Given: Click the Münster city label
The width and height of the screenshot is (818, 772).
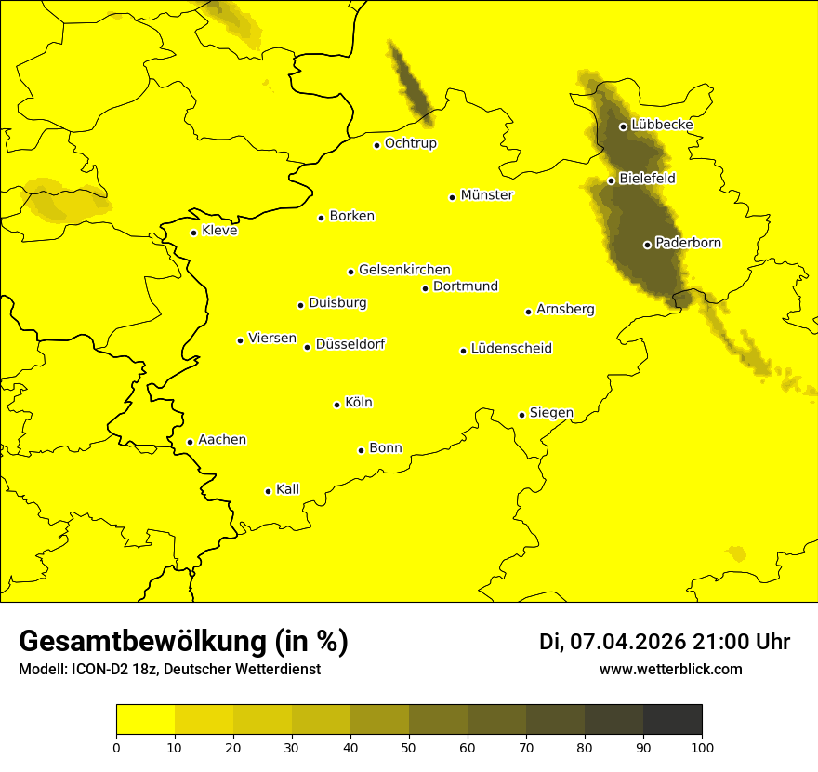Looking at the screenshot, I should pyautogui.click(x=486, y=195).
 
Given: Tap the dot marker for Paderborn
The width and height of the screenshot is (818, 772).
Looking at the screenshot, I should pyautogui.click(x=647, y=245).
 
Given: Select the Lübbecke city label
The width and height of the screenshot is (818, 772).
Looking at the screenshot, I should pyautogui.click(x=662, y=125).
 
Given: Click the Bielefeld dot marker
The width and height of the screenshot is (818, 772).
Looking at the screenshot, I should pyautogui.click(x=611, y=180).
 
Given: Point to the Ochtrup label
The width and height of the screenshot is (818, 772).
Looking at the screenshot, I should pyautogui.click(x=410, y=143).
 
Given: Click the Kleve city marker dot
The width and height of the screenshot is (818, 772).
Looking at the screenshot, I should pyautogui.click(x=193, y=233).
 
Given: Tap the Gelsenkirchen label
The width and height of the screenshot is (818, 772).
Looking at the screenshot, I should pyautogui.click(x=404, y=270).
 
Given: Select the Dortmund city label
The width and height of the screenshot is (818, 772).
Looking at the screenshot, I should pyautogui.click(x=465, y=286).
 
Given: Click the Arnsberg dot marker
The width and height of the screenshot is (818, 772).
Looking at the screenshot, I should pyautogui.click(x=528, y=312).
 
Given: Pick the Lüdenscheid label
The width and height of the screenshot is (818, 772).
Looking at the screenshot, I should pyautogui.click(x=511, y=349).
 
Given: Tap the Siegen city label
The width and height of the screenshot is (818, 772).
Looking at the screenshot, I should pyautogui.click(x=551, y=413).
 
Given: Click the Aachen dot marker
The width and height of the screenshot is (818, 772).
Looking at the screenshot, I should pyautogui.click(x=190, y=442).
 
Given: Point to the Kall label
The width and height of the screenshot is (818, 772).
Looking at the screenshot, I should pyautogui.click(x=287, y=489).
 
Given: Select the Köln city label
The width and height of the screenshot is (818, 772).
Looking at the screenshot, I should pyautogui.click(x=358, y=403).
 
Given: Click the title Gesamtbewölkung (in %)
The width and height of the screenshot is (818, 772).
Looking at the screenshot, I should pyautogui.click(x=183, y=641).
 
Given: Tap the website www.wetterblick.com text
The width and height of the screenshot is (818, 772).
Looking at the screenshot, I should pyautogui.click(x=670, y=669).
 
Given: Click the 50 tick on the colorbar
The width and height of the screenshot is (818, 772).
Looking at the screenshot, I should pyautogui.click(x=409, y=746).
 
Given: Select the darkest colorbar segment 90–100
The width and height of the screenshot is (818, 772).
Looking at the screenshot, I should pyautogui.click(x=672, y=719).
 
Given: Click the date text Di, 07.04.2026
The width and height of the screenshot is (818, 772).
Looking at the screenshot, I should pyautogui.click(x=613, y=642).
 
